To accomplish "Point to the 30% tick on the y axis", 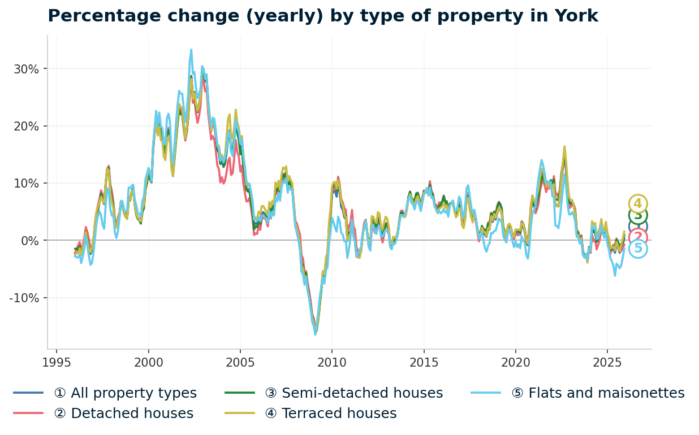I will coord(27,69).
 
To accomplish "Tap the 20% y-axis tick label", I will coord(27,126).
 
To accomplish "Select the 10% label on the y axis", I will coord(27,184).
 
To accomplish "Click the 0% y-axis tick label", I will coord(30,241).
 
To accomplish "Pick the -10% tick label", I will coord(24,298).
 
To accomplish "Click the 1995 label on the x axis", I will coord(57,362).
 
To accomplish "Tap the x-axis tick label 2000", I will coord(148,362).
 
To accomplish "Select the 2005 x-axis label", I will coord(240,362).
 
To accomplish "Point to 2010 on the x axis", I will coord(332,362).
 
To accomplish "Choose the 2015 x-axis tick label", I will coord(424,362).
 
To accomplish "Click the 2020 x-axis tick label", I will coord(515,362).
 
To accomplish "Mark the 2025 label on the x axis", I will coord(607,362).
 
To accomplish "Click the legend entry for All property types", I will coord(125,393).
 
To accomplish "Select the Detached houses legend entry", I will coord(123,414).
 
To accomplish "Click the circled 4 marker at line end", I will coord(638,204).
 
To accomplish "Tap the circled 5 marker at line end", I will coord(638,249).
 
